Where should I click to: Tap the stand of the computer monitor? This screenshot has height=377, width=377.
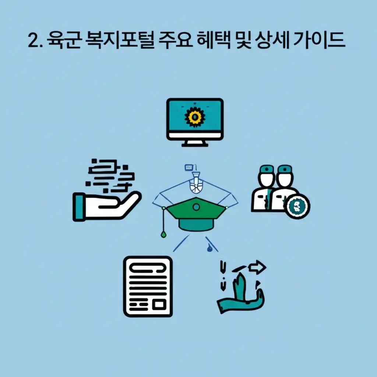195,143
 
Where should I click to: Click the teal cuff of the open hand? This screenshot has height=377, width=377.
79,207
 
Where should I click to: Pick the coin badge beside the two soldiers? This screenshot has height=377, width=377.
297,207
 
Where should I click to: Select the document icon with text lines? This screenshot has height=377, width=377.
148,286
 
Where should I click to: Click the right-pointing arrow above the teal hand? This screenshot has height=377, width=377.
258,266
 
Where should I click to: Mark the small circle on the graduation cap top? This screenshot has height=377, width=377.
196,208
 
